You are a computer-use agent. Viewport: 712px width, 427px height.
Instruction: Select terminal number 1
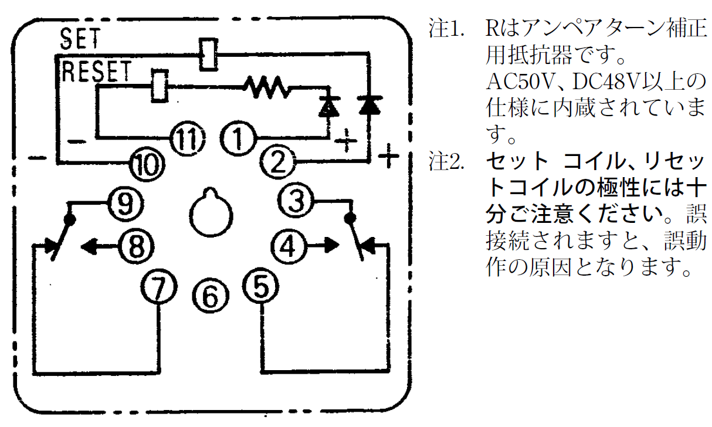pyautogui.click(x=237, y=139)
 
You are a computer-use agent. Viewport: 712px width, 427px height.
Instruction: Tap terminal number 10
pyautogui.click(x=144, y=164)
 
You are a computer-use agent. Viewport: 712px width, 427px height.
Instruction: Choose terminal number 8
pyautogui.click(x=135, y=247)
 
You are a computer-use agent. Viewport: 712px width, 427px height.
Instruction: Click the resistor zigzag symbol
pyautogui.click(x=267, y=89)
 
